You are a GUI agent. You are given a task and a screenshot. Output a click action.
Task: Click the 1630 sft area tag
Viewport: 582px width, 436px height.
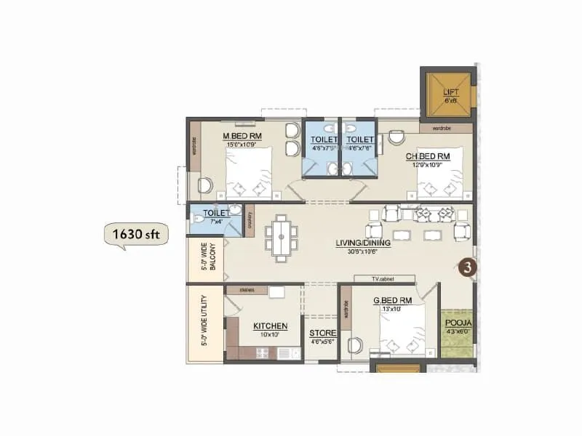(136, 235)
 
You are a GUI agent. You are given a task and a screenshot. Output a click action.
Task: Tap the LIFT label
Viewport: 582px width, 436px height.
(450, 92)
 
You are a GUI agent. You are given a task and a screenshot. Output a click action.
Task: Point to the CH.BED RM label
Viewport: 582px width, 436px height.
(428, 156)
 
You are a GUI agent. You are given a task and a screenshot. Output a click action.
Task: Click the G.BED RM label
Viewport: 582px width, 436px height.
(393, 299)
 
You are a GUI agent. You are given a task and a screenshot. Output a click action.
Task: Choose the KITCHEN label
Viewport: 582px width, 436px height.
(270, 326)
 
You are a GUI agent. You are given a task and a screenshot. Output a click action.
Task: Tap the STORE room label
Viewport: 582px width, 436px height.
(320, 333)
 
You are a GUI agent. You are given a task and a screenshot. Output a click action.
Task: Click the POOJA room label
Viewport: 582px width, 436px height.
(458, 322)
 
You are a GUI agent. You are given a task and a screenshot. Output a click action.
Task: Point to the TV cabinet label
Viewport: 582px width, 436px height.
(385, 278)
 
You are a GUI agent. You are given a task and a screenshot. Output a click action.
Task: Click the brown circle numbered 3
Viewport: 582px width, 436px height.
(469, 267)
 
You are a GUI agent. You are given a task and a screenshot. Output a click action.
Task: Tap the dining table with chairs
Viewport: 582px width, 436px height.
(280, 238)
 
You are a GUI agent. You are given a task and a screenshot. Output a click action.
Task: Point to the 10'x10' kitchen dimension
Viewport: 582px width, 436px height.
(269, 335)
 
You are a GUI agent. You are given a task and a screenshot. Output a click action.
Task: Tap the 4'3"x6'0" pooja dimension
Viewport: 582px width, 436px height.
(458, 331)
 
